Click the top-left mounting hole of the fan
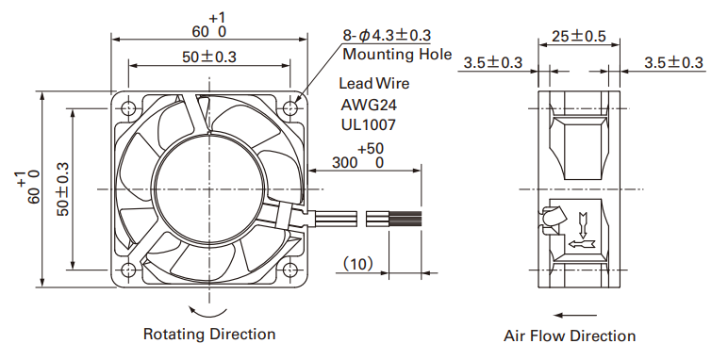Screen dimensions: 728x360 (128, 108)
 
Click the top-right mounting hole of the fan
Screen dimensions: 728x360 (290, 108)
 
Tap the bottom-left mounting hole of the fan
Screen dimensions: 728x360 (128, 270)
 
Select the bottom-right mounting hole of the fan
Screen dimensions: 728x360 (290, 270)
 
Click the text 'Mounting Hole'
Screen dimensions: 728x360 (397, 55)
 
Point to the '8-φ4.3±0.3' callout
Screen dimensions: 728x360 (387, 35)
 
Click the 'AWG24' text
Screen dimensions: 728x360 (369, 105)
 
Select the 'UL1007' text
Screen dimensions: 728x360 (368, 124)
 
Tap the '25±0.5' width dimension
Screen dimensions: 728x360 (579, 36)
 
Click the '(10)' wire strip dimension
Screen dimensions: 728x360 (357, 264)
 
